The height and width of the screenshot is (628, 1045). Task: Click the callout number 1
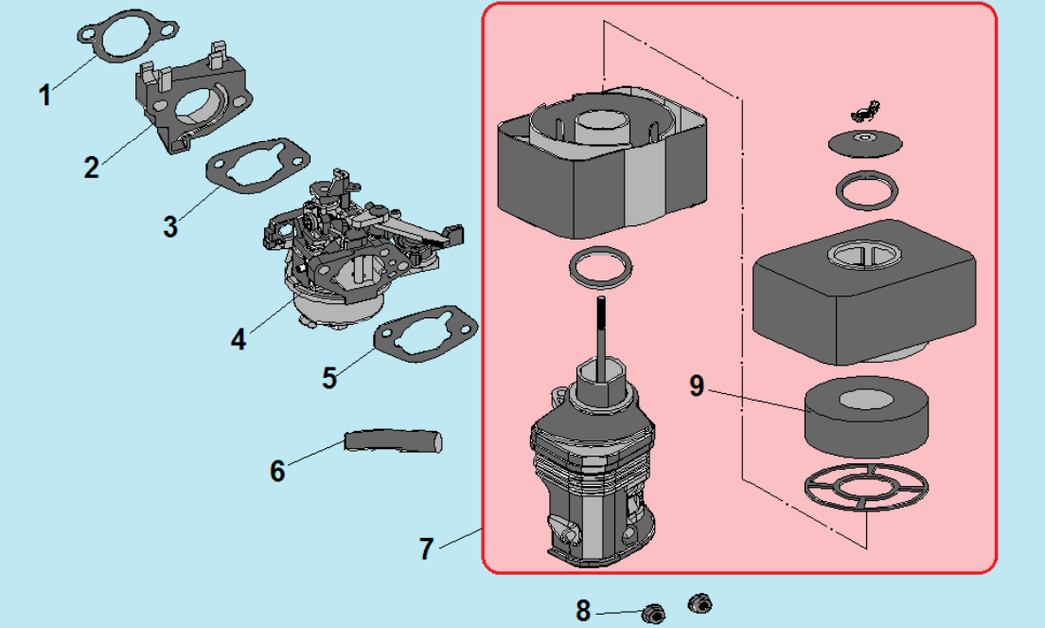(44, 95)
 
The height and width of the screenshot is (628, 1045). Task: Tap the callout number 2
(91, 168)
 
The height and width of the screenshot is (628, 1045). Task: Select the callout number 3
(170, 227)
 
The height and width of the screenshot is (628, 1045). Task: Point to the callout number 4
(239, 338)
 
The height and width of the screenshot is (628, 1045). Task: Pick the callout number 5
(329, 377)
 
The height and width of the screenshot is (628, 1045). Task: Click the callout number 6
(277, 470)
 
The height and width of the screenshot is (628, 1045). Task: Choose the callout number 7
(426, 548)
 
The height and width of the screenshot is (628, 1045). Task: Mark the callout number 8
(583, 611)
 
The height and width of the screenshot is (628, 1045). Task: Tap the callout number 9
(698, 386)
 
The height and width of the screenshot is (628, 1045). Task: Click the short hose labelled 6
(394, 441)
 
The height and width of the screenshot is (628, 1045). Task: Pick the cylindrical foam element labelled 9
(865, 417)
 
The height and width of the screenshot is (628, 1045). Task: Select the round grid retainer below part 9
(864, 491)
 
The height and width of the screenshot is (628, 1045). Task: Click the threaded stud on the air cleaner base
(599, 328)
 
